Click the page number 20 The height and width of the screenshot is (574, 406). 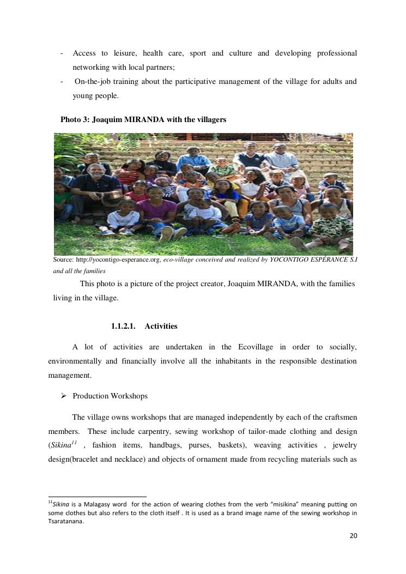click(353, 536)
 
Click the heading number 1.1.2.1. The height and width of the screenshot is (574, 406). click(123, 326)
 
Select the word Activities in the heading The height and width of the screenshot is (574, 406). click(161, 326)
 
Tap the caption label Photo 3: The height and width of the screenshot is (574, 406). click(75, 119)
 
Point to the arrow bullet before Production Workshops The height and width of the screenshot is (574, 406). click(64, 396)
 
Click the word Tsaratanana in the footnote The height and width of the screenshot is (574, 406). click(66, 521)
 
